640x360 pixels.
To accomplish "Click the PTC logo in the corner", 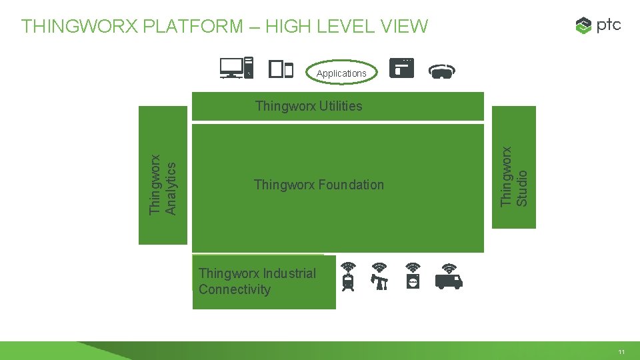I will tap(598, 26).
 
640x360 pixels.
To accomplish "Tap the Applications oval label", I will tap(341, 73).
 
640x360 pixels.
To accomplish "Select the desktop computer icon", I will tap(237, 67).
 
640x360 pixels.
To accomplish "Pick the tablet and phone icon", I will tap(281, 69).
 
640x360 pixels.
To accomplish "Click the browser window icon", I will tap(402, 68).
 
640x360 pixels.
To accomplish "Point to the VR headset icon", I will tap(441, 70).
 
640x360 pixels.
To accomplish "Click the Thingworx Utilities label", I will tap(309, 106).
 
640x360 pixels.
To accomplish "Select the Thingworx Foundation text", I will tap(319, 185).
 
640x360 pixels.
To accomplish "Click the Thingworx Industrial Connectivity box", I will tap(263, 282).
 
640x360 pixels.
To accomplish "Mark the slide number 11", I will tap(621, 351).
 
